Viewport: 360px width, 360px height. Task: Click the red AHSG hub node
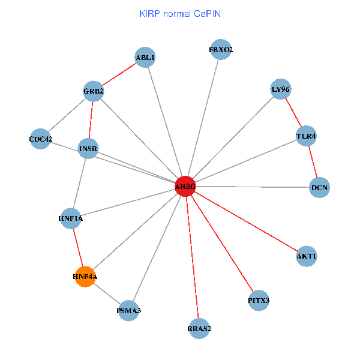point(185,187)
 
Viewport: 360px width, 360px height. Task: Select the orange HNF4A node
point(85,277)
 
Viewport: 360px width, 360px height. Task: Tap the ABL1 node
point(145,58)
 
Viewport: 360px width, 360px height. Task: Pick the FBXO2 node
point(221,50)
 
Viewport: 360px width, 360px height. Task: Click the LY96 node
point(281,89)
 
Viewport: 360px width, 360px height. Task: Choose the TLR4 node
point(306,136)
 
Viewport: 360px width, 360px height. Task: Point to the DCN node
point(320,188)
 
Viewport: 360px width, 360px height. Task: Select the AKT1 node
point(306,257)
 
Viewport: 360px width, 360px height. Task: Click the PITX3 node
point(259,300)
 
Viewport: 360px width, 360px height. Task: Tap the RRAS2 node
point(199,328)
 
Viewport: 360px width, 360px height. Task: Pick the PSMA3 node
point(129,311)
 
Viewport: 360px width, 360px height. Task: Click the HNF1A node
point(71,219)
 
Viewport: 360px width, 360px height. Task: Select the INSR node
point(88,148)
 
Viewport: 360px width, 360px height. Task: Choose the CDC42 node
point(40,139)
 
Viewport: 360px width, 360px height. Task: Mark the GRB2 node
point(94,91)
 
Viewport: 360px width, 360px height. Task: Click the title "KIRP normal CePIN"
point(179,13)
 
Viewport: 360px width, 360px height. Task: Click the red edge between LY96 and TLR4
point(293,113)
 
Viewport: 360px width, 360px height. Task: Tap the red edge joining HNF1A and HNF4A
point(78,248)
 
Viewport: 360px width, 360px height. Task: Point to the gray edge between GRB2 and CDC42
point(67,115)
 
